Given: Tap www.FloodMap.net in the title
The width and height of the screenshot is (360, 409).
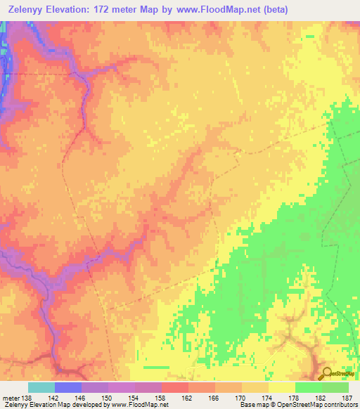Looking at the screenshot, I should (x=210, y=9).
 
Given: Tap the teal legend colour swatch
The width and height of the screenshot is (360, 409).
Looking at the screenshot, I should (x=41, y=387).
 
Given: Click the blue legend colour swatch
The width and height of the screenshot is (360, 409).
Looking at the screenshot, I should (x=67, y=387).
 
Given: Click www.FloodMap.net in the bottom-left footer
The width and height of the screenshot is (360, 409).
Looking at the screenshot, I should (x=139, y=404).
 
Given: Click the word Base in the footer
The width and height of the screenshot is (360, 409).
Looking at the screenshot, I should (x=246, y=404).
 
